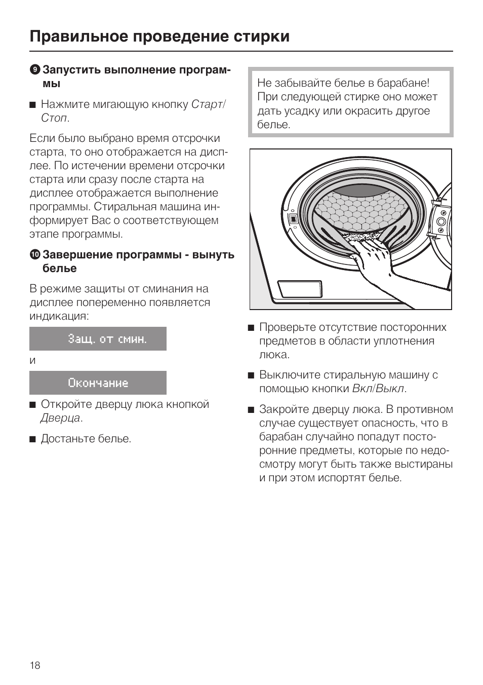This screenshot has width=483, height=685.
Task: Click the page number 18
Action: (x=34, y=665)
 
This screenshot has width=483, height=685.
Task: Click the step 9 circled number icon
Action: (x=34, y=69)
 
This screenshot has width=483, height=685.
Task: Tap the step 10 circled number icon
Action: (x=34, y=254)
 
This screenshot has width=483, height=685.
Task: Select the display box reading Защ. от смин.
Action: (x=98, y=339)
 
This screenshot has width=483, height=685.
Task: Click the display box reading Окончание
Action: (x=98, y=383)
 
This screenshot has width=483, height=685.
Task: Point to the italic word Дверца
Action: (x=61, y=418)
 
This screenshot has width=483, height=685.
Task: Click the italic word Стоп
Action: (x=54, y=118)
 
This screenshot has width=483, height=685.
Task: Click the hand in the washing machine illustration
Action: (x=372, y=256)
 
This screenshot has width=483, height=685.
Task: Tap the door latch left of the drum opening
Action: (x=292, y=218)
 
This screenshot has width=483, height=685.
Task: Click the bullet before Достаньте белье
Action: (x=33, y=439)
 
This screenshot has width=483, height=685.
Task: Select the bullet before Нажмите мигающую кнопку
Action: (x=33, y=105)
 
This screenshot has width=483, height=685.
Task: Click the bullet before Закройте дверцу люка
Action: (x=251, y=410)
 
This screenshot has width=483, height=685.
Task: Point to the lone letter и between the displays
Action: (x=33, y=361)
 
